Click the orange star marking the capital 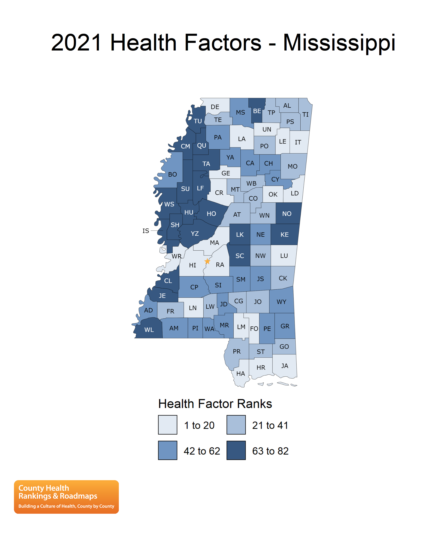click(x=207, y=261)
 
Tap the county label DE click(x=215, y=107)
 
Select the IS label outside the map click(x=146, y=231)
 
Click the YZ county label click(x=195, y=234)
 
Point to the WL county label click(x=149, y=330)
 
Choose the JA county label click(x=285, y=366)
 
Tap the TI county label click(x=305, y=114)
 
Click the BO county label click(x=172, y=174)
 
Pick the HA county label click(x=240, y=374)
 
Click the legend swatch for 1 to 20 click(x=168, y=425)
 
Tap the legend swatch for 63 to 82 click(x=236, y=450)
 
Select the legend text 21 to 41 click(x=270, y=425)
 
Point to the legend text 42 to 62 click(x=202, y=451)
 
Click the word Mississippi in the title click(x=339, y=43)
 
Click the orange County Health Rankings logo click(x=66, y=497)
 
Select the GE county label click(x=225, y=173)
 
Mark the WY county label click(x=281, y=302)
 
